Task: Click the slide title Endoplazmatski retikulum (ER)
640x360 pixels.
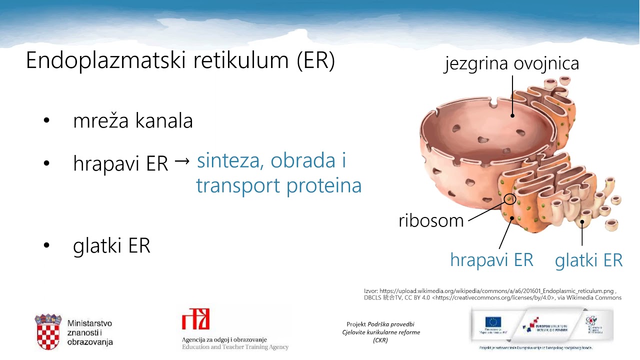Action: click(x=180, y=61)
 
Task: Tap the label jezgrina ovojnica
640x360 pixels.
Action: click(x=511, y=64)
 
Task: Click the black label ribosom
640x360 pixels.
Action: click(x=431, y=220)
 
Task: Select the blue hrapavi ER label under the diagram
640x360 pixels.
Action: click(x=491, y=260)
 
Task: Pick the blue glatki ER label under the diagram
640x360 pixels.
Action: click(x=588, y=260)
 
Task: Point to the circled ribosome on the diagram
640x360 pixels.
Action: click(x=509, y=199)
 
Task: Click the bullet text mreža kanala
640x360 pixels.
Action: click(x=133, y=121)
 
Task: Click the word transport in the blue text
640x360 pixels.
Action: click(x=238, y=186)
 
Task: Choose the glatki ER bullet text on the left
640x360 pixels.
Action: click(x=111, y=246)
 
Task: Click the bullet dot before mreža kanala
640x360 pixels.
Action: click(x=47, y=121)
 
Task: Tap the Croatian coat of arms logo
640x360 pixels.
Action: click(x=48, y=331)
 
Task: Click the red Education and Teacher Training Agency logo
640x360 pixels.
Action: click(x=195, y=319)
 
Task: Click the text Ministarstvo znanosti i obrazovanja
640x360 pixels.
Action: click(x=90, y=332)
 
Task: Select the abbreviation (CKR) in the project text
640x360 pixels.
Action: click(x=380, y=340)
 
